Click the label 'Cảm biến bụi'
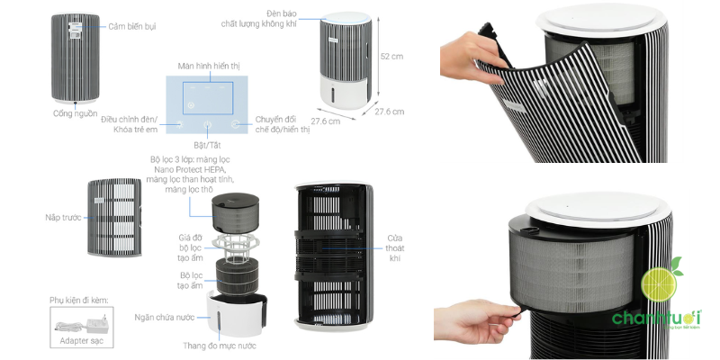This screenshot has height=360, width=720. click(131, 27)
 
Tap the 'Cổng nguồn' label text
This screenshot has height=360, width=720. click(76, 113)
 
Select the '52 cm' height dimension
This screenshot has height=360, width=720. click(391, 57)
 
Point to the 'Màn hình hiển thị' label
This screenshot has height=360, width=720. click(209, 66)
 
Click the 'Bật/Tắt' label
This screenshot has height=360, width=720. click(207, 145)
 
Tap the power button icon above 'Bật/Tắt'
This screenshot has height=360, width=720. click(208, 124)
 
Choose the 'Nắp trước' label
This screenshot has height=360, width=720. click(63, 217)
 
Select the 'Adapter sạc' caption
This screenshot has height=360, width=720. click(82, 341)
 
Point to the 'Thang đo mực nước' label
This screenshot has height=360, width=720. click(220, 346)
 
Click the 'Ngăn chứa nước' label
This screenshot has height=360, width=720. click(165, 318)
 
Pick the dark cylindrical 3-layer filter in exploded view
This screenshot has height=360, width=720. click(236, 212)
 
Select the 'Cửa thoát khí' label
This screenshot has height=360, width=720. click(395, 248)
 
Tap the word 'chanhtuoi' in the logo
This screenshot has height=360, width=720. click(657, 318)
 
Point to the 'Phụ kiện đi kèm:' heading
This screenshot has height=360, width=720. click(79, 301)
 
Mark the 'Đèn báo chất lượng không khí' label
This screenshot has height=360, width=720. click(259, 18)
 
